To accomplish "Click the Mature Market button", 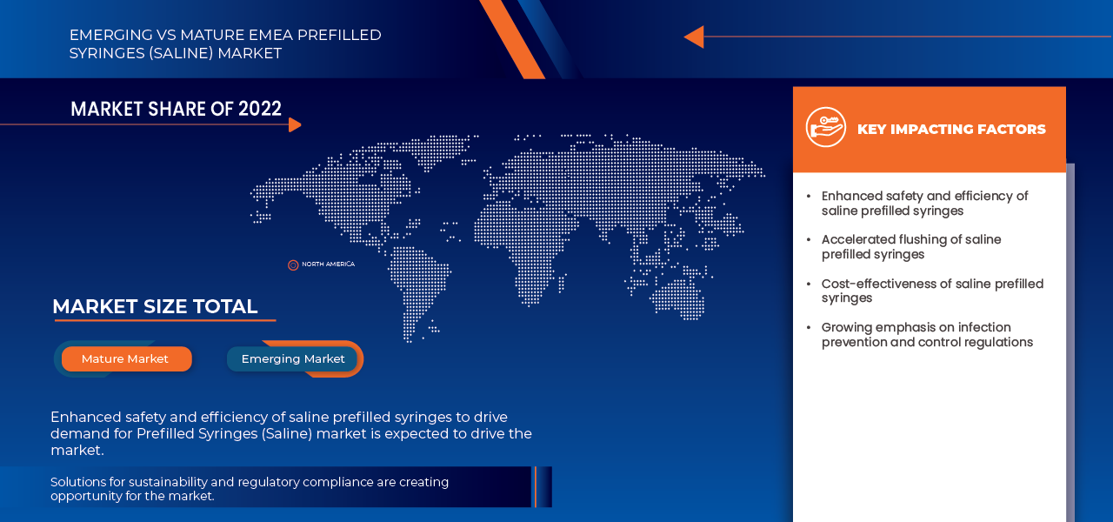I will pyautogui.click(x=126, y=358).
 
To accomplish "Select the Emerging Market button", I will pyautogui.click(x=293, y=358).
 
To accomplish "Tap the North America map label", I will pyautogui.click(x=328, y=264).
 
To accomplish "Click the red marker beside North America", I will pyautogui.click(x=293, y=264).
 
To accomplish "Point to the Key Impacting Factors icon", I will pyautogui.click(x=825, y=128).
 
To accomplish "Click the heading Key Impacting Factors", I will pyautogui.click(x=951, y=129).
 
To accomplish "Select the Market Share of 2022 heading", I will pyautogui.click(x=176, y=109).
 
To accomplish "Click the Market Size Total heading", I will pyautogui.click(x=155, y=306).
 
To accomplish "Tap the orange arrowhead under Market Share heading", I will pyautogui.click(x=295, y=124).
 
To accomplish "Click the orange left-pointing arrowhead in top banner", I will pyautogui.click(x=693, y=37).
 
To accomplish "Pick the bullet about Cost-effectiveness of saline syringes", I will pyautogui.click(x=932, y=291).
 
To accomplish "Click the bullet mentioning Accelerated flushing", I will pyautogui.click(x=911, y=246).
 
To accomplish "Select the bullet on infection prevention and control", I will pyautogui.click(x=927, y=335).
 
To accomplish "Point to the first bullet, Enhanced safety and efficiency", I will pyautogui.click(x=924, y=203).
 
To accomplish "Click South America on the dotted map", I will pyautogui.click(x=417, y=287).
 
